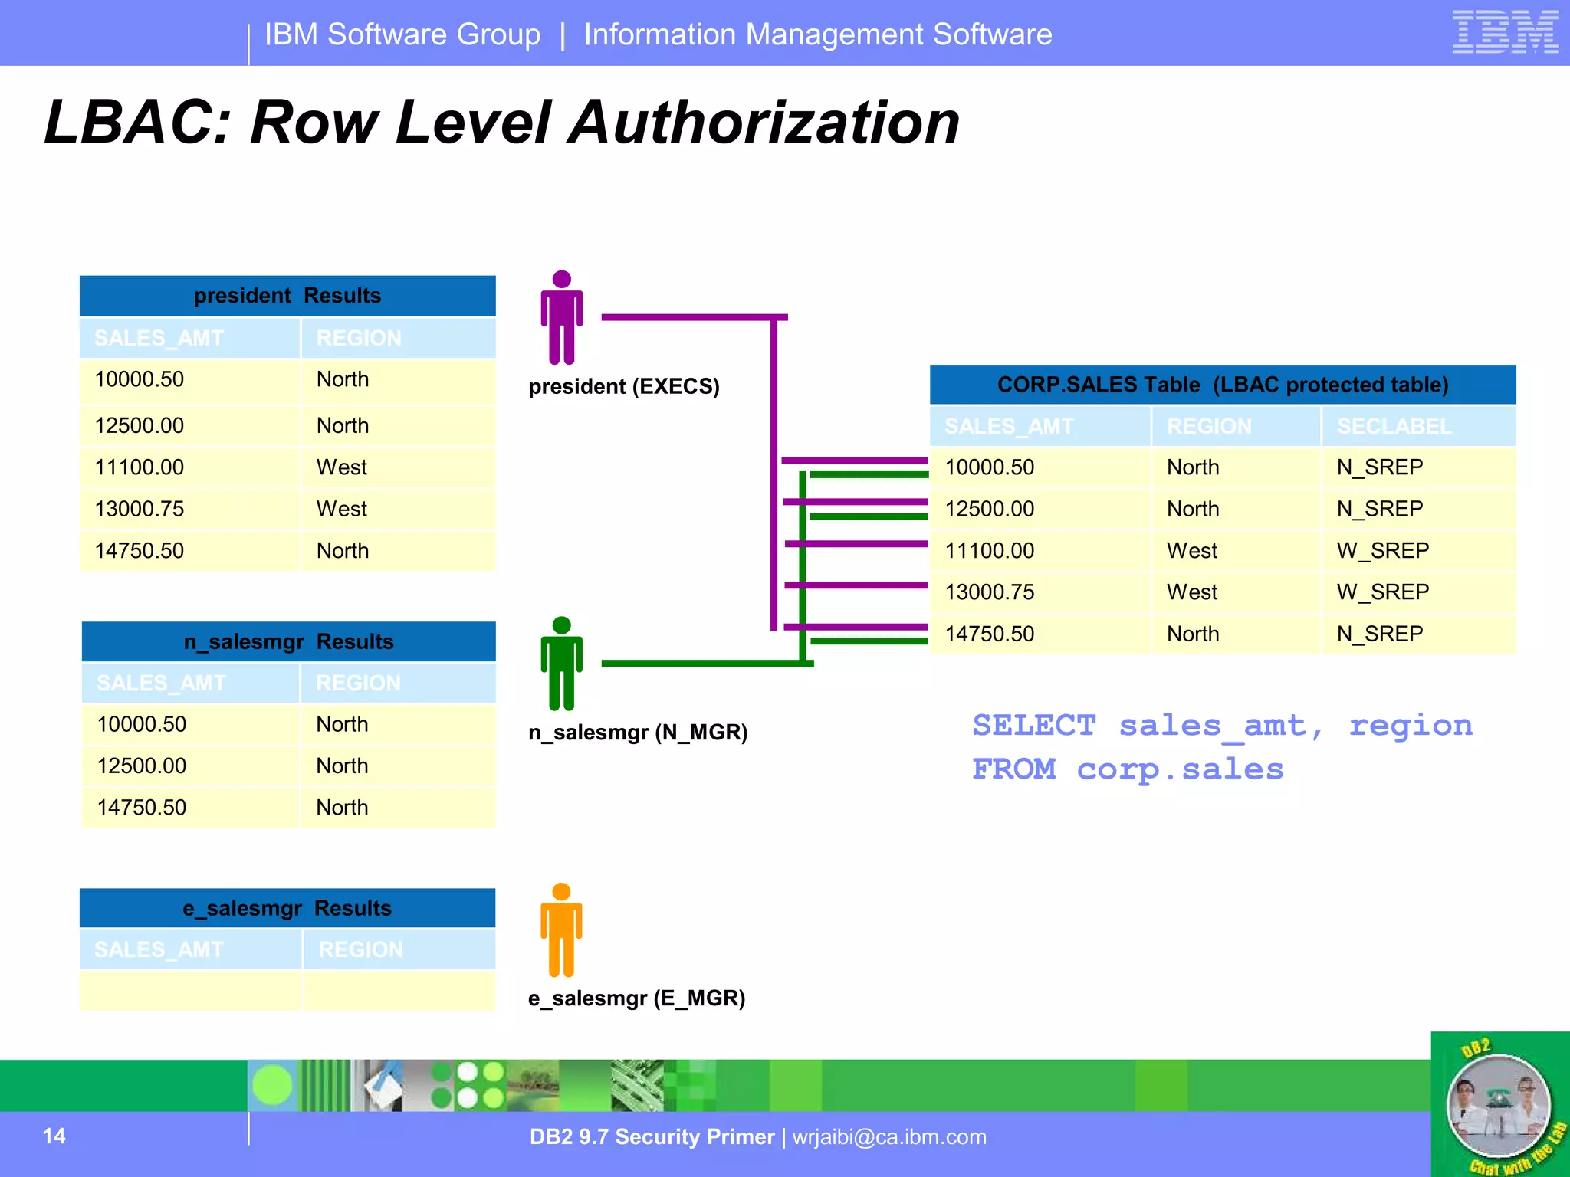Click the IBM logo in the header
coord(1504,32)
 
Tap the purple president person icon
coord(561,317)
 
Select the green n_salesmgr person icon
coord(561,664)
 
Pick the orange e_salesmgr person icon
coord(561,930)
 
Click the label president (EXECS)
coord(624,386)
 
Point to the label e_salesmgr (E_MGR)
coord(636,998)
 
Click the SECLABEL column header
coord(1394,427)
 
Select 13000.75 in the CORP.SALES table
coord(989,592)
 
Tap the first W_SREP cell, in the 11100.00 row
coord(1382,551)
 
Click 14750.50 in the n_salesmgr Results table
coord(142,808)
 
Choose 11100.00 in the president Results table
coord(139,467)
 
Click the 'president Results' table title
coord(287,296)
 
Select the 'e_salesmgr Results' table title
coord(287,908)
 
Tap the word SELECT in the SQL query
coord(1034,726)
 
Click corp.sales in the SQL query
coord(1180,769)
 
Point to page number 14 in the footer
coord(54,1136)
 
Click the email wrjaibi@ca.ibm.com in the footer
coord(889,1136)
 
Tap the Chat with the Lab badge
coord(1499,1105)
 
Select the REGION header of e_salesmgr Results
coord(360,950)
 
